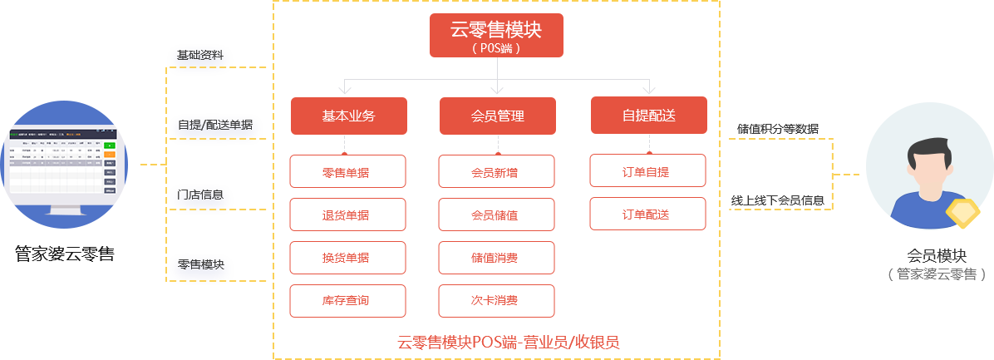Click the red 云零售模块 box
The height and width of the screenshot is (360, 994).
496,35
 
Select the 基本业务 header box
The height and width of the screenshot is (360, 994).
348,116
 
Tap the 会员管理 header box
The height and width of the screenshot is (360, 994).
497,116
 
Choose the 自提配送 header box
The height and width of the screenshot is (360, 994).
648,116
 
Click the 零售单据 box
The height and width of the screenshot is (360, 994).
347,171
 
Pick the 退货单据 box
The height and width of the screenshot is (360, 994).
347,215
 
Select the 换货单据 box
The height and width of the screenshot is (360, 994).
347,258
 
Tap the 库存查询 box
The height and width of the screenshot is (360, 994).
347,301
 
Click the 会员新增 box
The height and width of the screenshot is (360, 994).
496,171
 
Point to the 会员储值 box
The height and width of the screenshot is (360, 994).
496,215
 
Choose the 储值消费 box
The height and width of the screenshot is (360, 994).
496,258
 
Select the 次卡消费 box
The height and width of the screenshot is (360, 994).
496,301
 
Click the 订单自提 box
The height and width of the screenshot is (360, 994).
647,171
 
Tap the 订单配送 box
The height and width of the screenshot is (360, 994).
647,214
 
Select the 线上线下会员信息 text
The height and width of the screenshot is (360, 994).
780,200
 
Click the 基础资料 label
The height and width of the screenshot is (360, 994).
199,56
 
